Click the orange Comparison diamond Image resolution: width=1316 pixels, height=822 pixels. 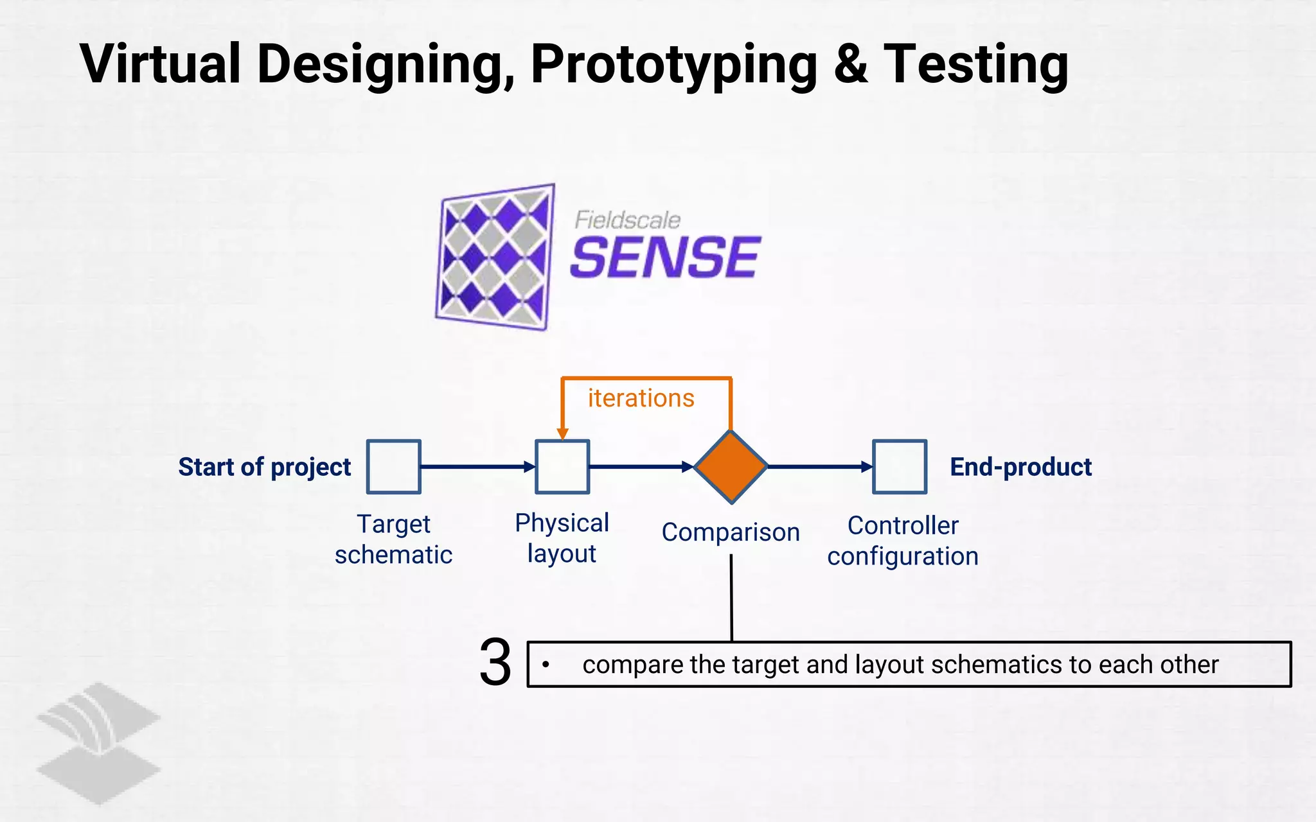tap(731, 467)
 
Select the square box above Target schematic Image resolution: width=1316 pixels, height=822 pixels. tap(393, 467)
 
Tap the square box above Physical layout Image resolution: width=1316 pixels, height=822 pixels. tap(562, 467)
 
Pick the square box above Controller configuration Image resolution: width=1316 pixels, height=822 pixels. tap(900, 467)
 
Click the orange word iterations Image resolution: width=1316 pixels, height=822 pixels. tap(641, 399)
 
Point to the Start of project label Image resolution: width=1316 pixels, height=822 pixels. tap(264, 467)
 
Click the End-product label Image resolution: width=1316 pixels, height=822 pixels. tap(1020, 467)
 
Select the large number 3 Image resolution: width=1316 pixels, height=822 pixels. tap(495, 663)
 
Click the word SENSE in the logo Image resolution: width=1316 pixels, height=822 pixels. tap(665, 258)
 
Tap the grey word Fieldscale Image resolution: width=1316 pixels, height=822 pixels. tap(627, 220)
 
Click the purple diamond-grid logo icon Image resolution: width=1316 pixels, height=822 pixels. tap(495, 257)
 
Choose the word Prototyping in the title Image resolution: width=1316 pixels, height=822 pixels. tap(674, 64)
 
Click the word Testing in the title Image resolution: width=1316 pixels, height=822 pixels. tap(976, 64)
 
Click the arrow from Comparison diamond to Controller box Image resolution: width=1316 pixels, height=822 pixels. tap(819, 467)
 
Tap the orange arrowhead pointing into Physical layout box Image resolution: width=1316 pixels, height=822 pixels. tap(562, 434)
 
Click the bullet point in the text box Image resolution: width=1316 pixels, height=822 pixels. tap(546, 665)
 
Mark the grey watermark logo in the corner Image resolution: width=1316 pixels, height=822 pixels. tap(98, 742)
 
